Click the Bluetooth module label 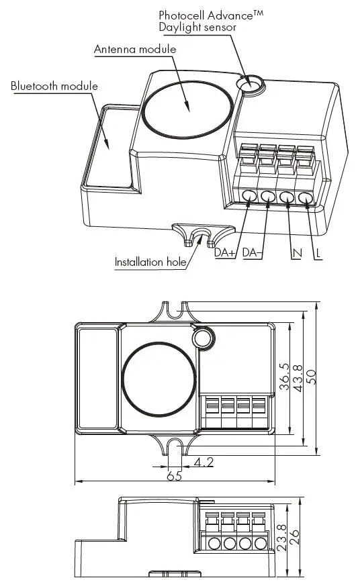[54, 87]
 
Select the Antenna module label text [135, 50]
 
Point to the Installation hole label [148, 262]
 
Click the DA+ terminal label [225, 253]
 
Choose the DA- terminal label [253, 253]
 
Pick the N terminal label [296, 253]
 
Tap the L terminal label [318, 253]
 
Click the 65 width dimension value [175, 475]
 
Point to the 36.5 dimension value [284, 377]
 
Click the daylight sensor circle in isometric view [252, 85]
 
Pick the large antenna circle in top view [159, 380]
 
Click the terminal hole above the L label [306, 198]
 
